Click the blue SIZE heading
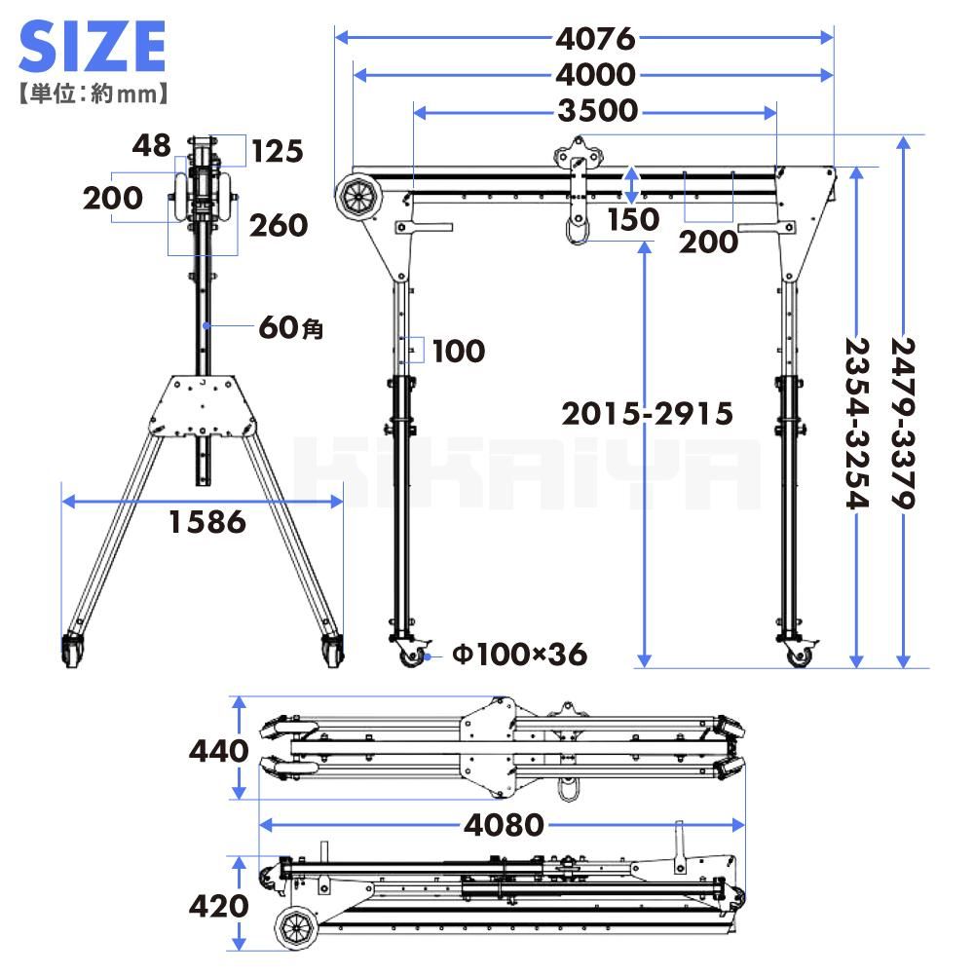click(x=93, y=46)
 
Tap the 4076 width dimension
click(x=596, y=39)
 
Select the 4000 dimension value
click(x=596, y=75)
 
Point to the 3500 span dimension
click(x=598, y=111)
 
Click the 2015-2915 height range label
click(x=648, y=414)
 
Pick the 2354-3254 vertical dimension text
click(x=857, y=423)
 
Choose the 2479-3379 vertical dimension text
click(x=904, y=423)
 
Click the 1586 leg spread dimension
click(x=207, y=522)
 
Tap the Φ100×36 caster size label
click(x=520, y=655)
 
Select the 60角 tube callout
click(x=291, y=326)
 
